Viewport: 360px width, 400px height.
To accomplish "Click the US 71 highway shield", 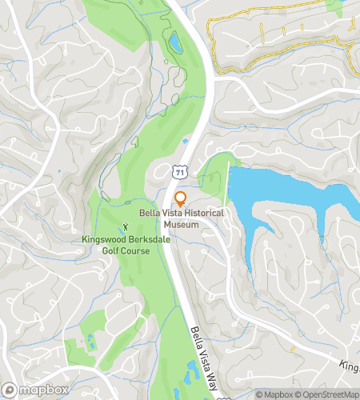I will click(182, 171).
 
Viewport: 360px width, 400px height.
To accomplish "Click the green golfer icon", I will click(125, 229).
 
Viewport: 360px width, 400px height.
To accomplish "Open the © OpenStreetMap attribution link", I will click(326, 394).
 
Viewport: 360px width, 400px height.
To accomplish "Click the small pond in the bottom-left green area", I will click(90, 342).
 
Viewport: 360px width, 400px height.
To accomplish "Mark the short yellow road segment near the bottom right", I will click(293, 350).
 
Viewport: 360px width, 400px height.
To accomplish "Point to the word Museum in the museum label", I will click(182, 224).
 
